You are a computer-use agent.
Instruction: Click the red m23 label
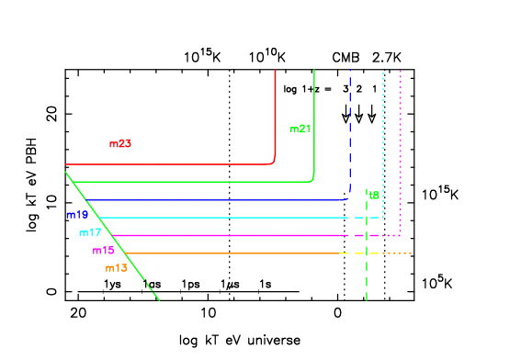[x=119, y=144]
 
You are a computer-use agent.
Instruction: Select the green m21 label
[x=300, y=129]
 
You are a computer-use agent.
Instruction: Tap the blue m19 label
[x=77, y=215]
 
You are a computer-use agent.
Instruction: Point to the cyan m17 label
[x=90, y=233]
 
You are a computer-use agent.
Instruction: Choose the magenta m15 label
[x=103, y=251]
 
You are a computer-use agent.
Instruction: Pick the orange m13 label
[x=116, y=268]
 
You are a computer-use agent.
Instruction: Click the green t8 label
[x=373, y=195]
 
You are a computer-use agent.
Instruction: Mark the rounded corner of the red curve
[x=273, y=162]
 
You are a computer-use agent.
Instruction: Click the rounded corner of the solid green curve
[x=312, y=179]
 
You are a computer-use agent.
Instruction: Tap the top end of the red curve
[x=275, y=71]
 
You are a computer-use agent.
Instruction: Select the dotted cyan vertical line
[x=383, y=138]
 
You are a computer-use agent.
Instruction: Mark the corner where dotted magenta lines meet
[x=400, y=235]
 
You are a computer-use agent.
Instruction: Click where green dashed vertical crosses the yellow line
[x=367, y=253]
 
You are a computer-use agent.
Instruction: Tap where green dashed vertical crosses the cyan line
[x=367, y=218]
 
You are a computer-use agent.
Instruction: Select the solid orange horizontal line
[x=230, y=253]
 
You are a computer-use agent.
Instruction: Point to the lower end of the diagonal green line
[x=159, y=299]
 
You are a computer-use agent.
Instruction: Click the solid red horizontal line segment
[x=165, y=164]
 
